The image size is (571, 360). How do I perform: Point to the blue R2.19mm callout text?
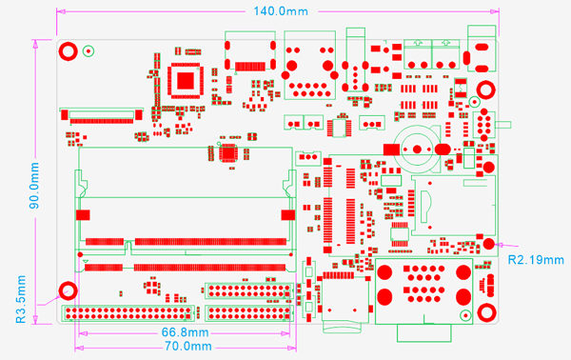pos(535,259)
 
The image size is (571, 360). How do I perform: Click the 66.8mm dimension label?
pos(180,332)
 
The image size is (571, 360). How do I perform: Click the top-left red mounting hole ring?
pos(69,51)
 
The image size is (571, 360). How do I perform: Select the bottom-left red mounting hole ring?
pos(69,291)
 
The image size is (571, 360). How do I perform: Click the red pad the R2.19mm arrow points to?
pos(488,245)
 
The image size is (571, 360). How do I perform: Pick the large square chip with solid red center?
pos(185,80)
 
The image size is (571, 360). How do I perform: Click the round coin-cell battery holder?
pos(420,149)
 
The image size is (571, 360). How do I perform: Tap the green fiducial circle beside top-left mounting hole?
pos(89,51)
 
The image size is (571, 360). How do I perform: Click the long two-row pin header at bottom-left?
pos(128,312)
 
